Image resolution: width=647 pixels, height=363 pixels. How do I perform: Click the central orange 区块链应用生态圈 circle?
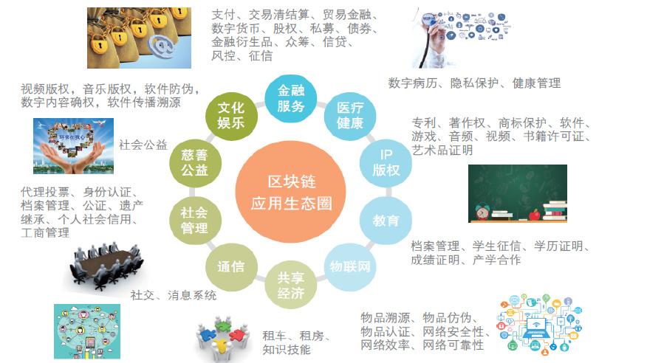tap(290, 192)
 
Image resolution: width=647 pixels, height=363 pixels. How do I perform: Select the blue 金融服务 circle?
tap(290, 99)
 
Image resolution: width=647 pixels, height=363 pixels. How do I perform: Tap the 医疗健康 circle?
tap(350, 116)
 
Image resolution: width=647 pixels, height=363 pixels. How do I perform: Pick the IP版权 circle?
tap(386, 163)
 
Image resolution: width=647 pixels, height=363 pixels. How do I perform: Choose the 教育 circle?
tap(386, 221)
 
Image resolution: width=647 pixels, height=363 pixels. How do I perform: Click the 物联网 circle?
tap(350, 267)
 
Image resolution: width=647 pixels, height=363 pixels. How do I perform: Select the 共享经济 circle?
tap(290, 285)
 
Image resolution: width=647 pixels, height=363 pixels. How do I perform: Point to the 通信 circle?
tap(231, 267)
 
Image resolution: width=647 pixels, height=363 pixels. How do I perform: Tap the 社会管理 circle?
tap(195, 221)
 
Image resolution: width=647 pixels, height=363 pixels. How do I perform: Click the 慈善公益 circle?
tap(195, 163)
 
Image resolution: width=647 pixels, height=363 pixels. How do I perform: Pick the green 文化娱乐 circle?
tap(231, 116)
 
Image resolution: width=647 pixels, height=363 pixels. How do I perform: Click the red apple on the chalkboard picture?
tap(535, 214)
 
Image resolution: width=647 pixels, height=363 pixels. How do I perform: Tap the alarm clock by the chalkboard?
tap(482, 211)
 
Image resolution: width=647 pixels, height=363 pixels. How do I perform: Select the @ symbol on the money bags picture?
tap(162, 46)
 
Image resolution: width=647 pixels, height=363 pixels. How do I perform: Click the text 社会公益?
tap(143, 145)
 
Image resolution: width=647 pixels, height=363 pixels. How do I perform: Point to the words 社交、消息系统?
tap(174, 295)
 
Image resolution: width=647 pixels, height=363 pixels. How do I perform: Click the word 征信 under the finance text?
tap(261, 55)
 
